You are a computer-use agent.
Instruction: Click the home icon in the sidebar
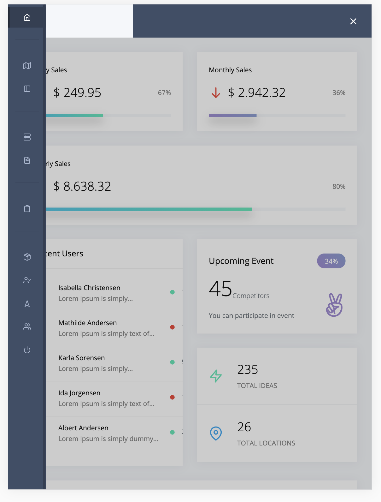(27, 17)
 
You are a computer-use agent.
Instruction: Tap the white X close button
(353, 21)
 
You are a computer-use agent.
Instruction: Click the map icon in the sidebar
(27, 66)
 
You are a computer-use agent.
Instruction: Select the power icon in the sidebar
(27, 350)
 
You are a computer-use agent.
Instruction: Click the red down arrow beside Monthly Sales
(216, 93)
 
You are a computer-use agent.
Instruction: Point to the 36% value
(339, 93)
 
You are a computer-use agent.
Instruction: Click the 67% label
(164, 93)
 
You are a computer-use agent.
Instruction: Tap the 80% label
(339, 187)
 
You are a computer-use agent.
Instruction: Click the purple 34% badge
(331, 261)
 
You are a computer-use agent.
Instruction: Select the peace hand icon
(334, 305)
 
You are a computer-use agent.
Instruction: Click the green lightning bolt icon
(216, 376)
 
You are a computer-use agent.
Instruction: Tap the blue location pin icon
(216, 433)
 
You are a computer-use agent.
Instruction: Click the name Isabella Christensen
(89, 288)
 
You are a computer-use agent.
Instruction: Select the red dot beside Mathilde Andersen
(172, 327)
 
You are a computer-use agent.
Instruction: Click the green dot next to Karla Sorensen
(172, 362)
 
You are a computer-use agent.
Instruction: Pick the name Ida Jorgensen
(79, 393)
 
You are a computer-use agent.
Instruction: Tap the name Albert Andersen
(83, 428)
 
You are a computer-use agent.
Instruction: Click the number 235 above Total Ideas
(248, 370)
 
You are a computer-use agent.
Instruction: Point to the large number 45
(220, 289)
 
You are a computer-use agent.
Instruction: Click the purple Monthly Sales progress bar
(232, 116)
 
